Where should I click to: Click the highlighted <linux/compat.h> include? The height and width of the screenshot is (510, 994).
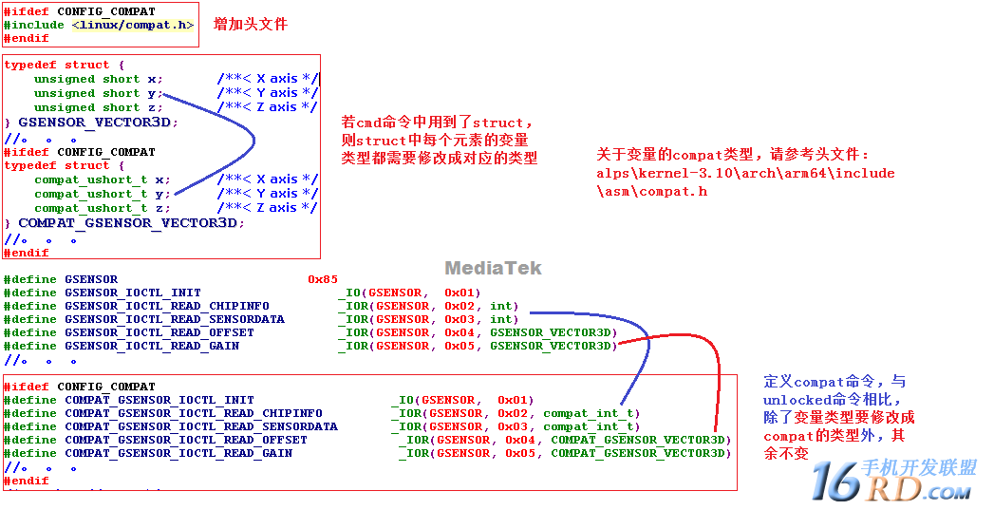pyautogui.click(x=133, y=25)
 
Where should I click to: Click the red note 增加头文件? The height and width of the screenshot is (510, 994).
pyautogui.click(x=250, y=24)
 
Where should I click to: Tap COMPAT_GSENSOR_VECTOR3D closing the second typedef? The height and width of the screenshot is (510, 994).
pyautogui.click(x=126, y=223)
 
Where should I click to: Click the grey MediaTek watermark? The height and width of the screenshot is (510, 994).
pyautogui.click(x=493, y=268)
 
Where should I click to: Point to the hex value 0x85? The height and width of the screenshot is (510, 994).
pyautogui.click(x=323, y=279)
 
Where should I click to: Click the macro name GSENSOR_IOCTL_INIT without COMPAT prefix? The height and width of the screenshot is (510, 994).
pyautogui.click(x=133, y=293)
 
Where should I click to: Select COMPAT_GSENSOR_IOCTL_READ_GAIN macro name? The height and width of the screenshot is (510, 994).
pyautogui.click(x=178, y=453)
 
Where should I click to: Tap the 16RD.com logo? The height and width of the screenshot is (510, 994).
pyautogui.click(x=891, y=481)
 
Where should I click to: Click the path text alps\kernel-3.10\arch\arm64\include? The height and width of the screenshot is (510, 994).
pyautogui.click(x=745, y=173)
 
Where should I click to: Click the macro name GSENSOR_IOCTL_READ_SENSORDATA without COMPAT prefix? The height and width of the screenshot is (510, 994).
pyautogui.click(x=175, y=319)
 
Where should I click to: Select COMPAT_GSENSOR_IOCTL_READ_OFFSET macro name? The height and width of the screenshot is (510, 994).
pyautogui.click(x=186, y=440)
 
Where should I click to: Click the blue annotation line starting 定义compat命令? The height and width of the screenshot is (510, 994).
pyautogui.click(x=835, y=382)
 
